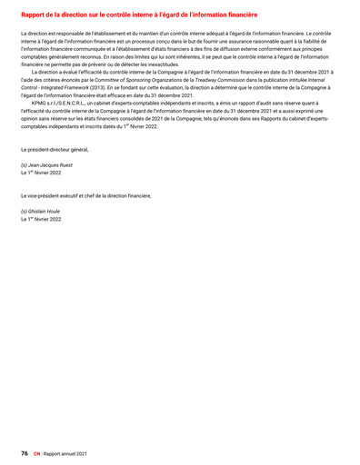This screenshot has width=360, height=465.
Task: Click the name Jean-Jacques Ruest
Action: tap(46, 165)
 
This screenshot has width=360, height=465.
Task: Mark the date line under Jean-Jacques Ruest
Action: tap(41, 173)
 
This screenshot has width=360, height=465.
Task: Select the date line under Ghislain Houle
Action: tap(41, 219)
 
